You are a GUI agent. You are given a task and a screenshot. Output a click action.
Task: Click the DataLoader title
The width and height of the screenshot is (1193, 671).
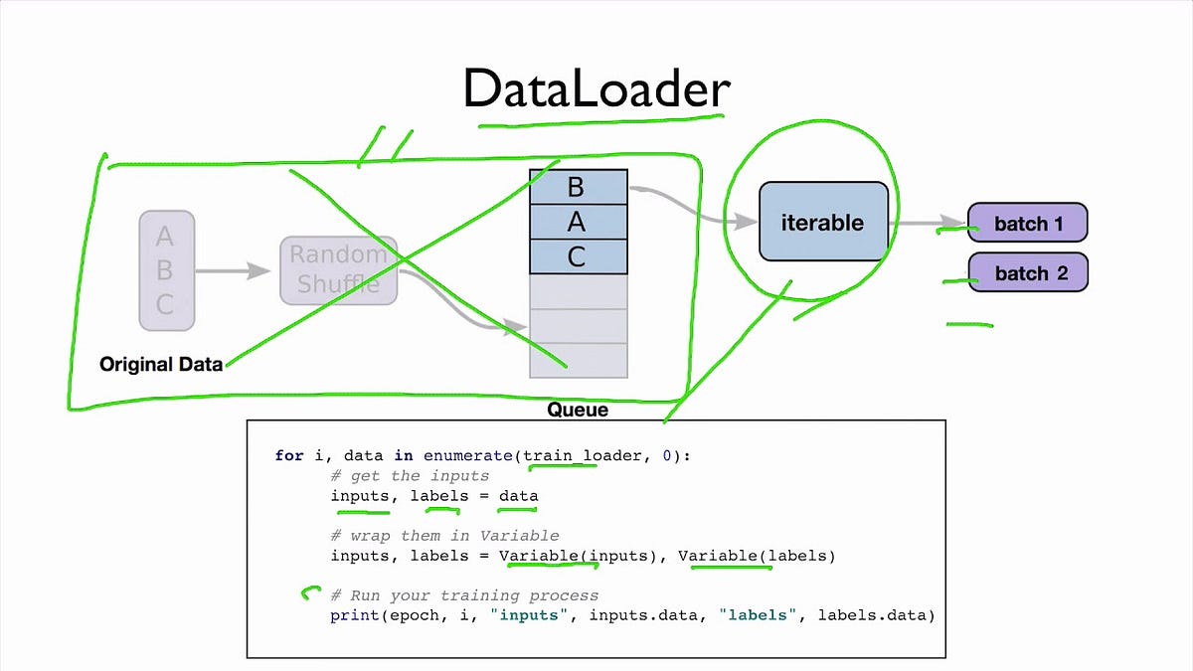pyautogui.click(x=596, y=89)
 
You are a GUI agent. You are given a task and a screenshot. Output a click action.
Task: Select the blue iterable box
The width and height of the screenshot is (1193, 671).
pyautogui.click(x=822, y=223)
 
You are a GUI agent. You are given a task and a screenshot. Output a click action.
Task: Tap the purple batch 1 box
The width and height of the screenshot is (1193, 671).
pyautogui.click(x=1028, y=224)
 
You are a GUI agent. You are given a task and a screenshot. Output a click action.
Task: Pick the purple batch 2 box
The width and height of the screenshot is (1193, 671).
pyautogui.click(x=1028, y=272)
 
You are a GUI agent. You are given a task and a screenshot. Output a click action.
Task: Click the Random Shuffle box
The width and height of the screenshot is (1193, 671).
pyautogui.click(x=339, y=268)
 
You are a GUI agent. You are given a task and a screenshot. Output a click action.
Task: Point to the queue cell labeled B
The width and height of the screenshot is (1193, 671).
pyautogui.click(x=578, y=187)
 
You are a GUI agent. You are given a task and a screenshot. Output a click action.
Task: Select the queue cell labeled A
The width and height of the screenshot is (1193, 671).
pyautogui.click(x=578, y=222)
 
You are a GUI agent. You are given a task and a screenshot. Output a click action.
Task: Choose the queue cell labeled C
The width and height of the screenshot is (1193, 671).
pyautogui.click(x=578, y=256)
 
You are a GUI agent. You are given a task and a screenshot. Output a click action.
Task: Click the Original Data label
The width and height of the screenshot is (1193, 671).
pyautogui.click(x=161, y=364)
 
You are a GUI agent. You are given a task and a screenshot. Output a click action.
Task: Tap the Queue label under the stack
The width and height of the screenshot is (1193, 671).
pyautogui.click(x=578, y=410)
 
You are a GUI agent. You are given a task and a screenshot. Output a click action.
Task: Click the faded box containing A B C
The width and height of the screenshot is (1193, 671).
pyautogui.click(x=166, y=269)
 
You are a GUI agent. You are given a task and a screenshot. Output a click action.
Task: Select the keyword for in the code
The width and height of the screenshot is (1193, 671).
pyautogui.click(x=289, y=456)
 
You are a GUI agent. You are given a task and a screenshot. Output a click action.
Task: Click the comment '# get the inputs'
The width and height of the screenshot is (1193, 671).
pyautogui.click(x=410, y=476)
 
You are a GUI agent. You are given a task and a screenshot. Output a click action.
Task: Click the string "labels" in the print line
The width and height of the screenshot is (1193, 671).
pyautogui.click(x=763, y=615)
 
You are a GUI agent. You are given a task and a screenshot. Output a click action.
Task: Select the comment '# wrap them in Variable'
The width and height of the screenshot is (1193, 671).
pyautogui.click(x=444, y=536)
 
